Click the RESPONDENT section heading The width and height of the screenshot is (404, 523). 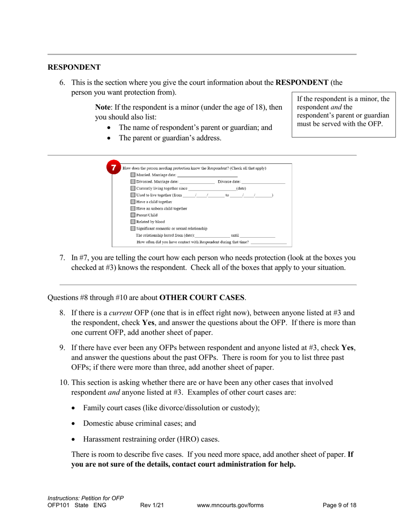point(74,67)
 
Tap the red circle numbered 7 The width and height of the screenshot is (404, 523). point(114,168)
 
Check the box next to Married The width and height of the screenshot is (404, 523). point(133,175)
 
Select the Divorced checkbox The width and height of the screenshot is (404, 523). point(133,182)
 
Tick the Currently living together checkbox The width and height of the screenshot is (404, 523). point(133,188)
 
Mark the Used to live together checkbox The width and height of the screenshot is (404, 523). point(133,195)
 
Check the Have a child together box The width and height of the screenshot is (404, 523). point(133,202)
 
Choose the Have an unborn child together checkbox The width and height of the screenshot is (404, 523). point(133,209)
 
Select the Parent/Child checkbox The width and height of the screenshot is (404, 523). point(133,215)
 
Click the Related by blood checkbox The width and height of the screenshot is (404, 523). point(133,222)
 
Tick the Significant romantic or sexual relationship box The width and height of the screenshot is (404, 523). point(133,229)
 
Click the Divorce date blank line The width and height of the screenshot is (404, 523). point(263,182)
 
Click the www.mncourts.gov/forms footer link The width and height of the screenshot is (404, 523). point(230,505)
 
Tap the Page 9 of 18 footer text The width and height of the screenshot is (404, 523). point(339,505)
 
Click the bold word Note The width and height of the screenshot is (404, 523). point(103,107)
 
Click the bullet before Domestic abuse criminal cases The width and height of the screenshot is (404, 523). point(74,424)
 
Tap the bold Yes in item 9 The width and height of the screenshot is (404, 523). point(347,347)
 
